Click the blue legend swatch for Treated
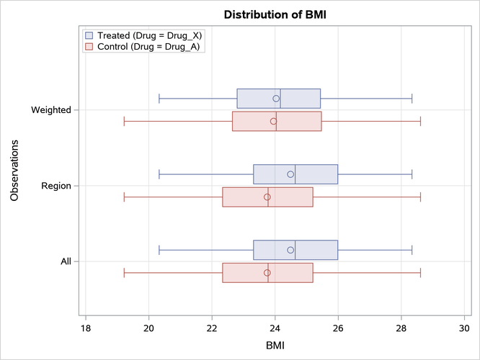89,35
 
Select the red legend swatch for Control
89,47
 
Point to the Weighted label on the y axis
50,110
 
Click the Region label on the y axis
56,186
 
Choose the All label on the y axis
66,261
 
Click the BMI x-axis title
275,346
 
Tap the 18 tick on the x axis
86,328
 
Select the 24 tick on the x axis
275,328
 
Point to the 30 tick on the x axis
465,328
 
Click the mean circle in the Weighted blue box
276,99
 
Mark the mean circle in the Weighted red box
273,121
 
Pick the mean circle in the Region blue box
290,174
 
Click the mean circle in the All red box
267,273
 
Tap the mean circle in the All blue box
290,250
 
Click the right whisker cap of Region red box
420,197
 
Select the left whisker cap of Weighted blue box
159,99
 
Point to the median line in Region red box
268,197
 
